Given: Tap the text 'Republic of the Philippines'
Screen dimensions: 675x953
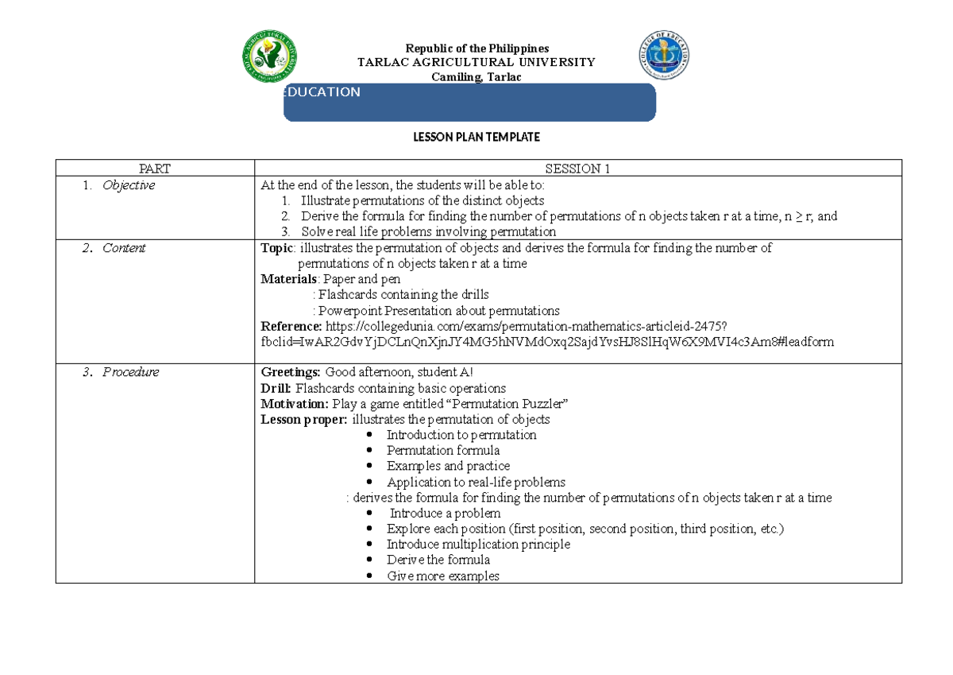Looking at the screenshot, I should [x=477, y=48].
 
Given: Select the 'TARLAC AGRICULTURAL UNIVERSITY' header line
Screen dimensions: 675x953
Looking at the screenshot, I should [x=476, y=62].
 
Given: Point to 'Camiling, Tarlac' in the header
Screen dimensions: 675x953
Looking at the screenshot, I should [x=477, y=76].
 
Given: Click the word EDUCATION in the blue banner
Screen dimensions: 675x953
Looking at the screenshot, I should [x=323, y=92].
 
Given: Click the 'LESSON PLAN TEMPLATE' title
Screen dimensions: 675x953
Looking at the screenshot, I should [x=476, y=138].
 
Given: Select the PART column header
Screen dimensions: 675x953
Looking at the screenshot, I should [x=154, y=168].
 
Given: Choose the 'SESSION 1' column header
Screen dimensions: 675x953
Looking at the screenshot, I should [x=577, y=168].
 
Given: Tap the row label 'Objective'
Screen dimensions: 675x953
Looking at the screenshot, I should [x=129, y=185].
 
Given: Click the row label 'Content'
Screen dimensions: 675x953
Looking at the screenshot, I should [x=124, y=248].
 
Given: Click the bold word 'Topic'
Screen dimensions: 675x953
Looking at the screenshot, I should [x=276, y=248].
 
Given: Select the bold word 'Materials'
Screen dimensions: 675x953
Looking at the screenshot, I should [x=289, y=279].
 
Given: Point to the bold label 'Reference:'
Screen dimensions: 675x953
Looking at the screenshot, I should [x=291, y=326].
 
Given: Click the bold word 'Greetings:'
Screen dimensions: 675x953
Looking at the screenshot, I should [x=291, y=372].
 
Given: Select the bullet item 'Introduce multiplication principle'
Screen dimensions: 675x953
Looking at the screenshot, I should [x=478, y=545].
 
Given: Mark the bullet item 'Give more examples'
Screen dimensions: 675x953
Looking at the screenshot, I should [x=443, y=576].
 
